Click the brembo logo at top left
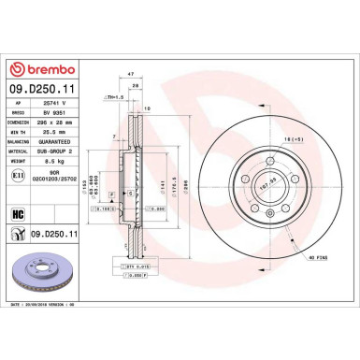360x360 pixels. tap(49, 71)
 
